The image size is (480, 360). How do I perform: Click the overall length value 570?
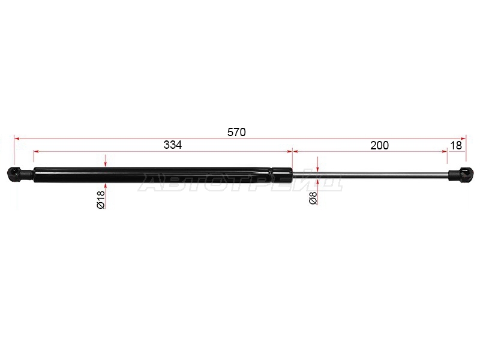pyautogui.click(x=236, y=132)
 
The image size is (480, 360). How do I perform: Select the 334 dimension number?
pyautogui.click(x=173, y=145)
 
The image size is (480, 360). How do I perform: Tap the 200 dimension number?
pyautogui.click(x=379, y=145)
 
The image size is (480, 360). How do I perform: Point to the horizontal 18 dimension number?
pyautogui.click(x=456, y=145)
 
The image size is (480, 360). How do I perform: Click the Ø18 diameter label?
pyautogui.click(x=101, y=199)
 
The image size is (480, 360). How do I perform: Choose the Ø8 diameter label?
pyautogui.click(x=313, y=199)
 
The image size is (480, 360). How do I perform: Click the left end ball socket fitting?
pyautogui.click(x=19, y=174)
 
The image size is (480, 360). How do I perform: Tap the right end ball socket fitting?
pyautogui.click(x=461, y=175)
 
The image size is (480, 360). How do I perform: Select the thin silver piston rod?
pyautogui.click(x=370, y=175)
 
